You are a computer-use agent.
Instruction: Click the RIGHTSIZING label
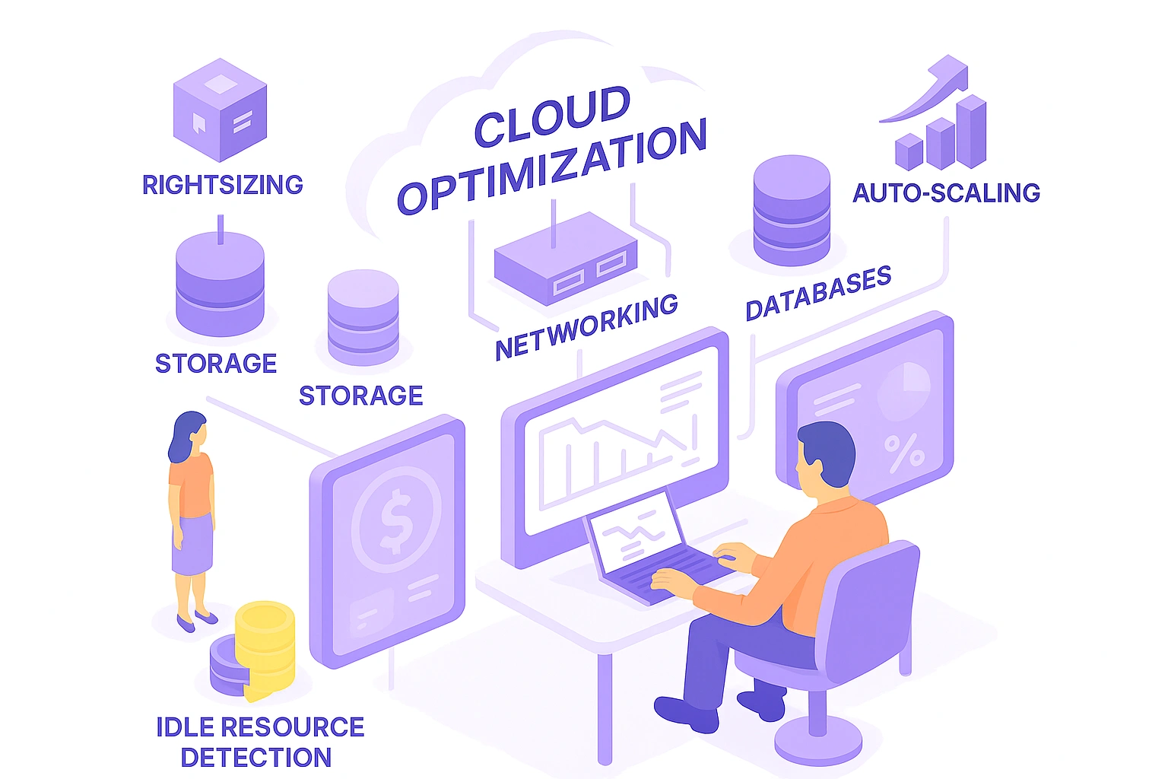tap(223, 185)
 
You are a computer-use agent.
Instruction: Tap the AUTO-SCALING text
tap(947, 192)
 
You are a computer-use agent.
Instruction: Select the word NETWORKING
tap(586, 327)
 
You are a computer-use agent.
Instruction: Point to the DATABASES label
tap(819, 293)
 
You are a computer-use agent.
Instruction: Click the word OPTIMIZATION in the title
tap(551, 165)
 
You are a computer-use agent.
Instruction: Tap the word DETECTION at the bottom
tap(256, 757)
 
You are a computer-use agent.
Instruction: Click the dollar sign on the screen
tap(396, 520)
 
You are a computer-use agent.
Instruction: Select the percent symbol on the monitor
tap(903, 452)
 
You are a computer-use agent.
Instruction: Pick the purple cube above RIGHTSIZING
tap(220, 110)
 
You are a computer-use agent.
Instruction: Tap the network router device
tap(566, 259)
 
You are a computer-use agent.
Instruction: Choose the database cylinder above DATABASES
tap(792, 210)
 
